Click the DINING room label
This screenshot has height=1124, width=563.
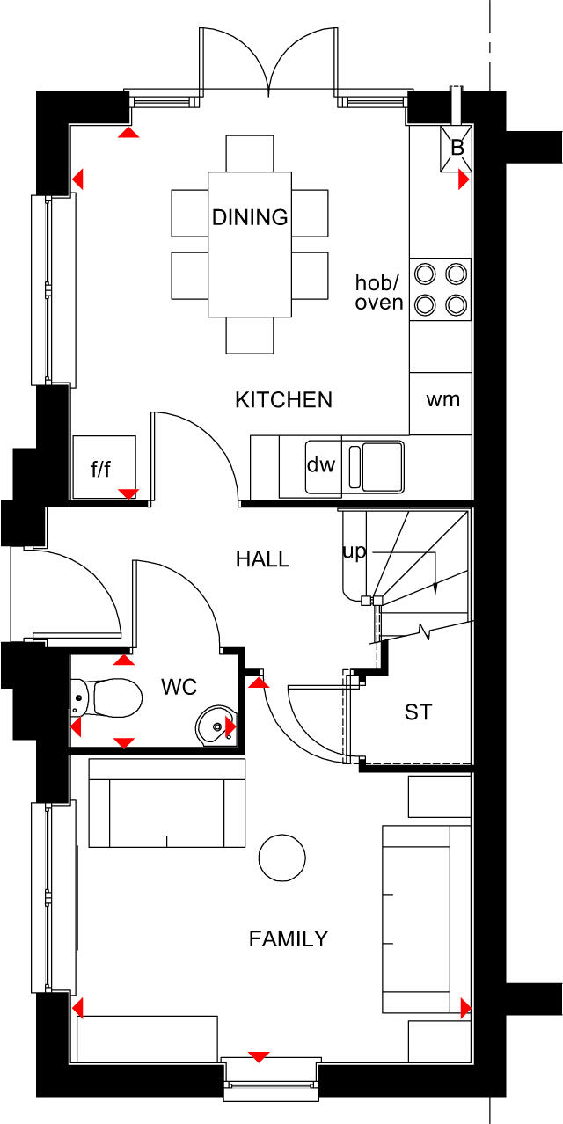click(x=250, y=217)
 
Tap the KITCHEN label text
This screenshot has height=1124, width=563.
click(x=283, y=400)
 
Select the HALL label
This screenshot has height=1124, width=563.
click(x=262, y=559)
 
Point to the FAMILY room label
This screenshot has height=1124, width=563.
click(x=289, y=939)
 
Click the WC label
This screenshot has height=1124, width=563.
click(x=179, y=687)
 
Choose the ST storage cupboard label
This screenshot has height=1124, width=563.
click(x=418, y=712)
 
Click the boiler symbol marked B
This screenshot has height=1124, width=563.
click(x=457, y=148)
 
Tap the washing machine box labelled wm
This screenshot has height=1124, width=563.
click(x=442, y=400)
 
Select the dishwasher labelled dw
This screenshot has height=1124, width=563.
click(x=321, y=465)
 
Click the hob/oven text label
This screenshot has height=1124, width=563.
click(x=379, y=293)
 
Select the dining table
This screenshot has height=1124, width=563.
click(x=250, y=244)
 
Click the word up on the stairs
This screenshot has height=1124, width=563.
click(x=354, y=551)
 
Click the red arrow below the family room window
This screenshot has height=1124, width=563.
click(x=259, y=1056)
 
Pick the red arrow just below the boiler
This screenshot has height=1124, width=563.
click(x=464, y=180)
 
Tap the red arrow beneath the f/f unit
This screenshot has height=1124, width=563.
click(x=129, y=493)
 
